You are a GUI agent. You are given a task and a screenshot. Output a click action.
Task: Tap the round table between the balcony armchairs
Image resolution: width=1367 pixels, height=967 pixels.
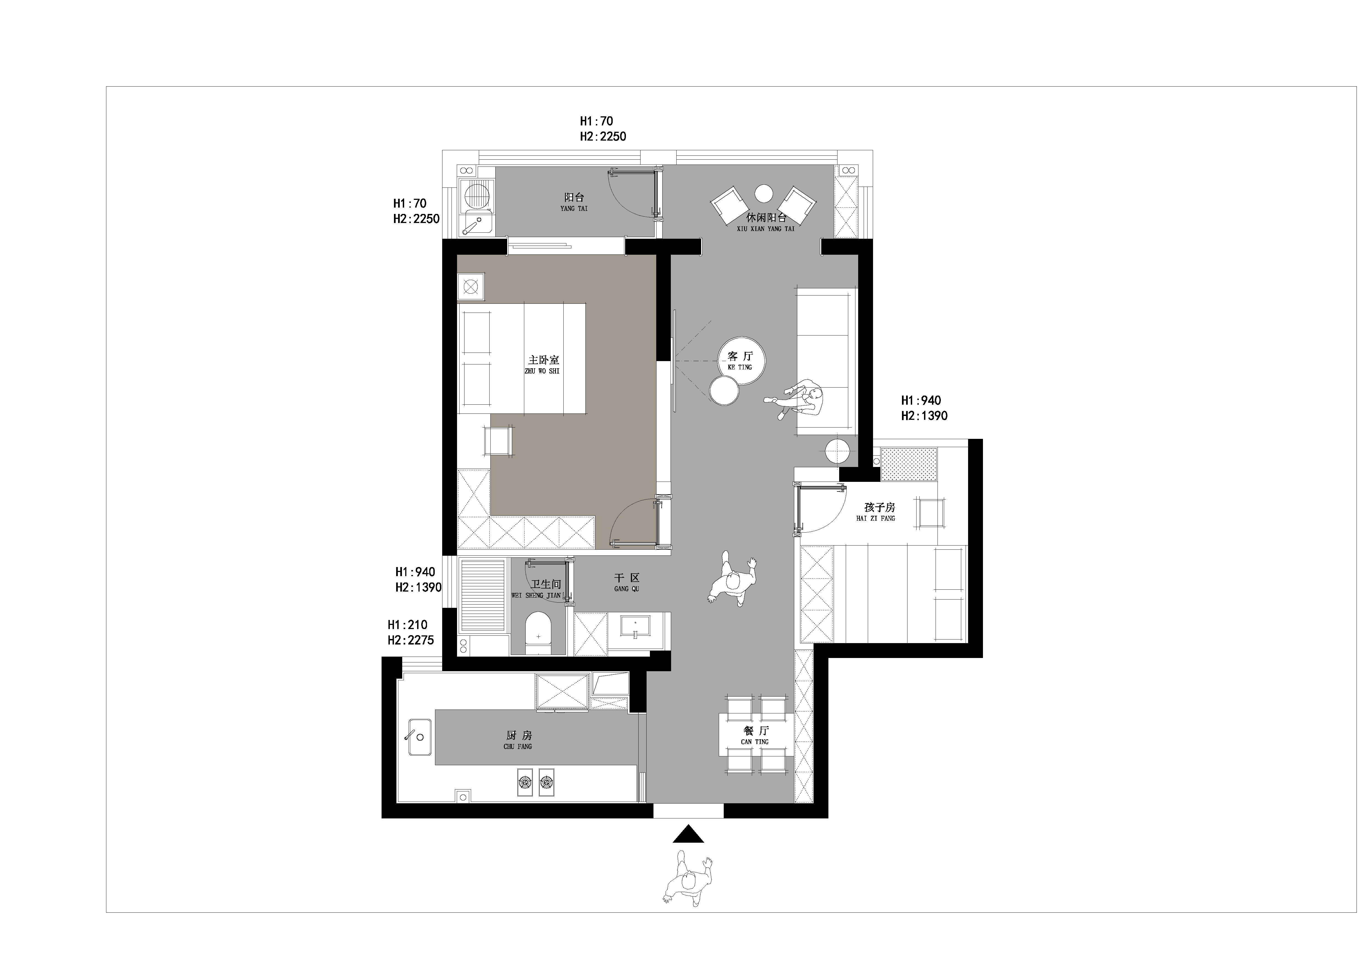point(764,194)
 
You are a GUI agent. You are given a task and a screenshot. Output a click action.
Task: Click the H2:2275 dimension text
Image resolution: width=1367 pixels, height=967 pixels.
point(411,641)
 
